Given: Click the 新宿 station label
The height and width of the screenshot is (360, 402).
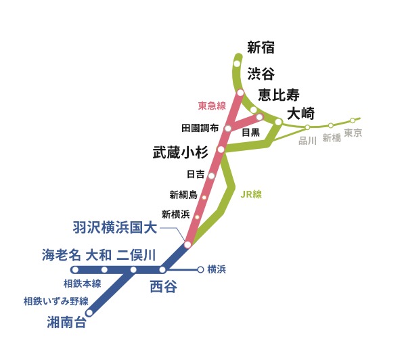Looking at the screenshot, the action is pos(261,47).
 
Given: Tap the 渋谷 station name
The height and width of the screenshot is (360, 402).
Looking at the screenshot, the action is pos(261,74).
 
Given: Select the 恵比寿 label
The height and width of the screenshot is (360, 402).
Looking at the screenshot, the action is pos(279,95).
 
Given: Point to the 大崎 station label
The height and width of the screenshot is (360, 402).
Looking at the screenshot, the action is pos(300,114).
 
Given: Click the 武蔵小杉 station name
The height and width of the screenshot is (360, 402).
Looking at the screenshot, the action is pos(181,152).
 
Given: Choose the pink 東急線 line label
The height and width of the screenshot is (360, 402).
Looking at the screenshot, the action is pos(212,106).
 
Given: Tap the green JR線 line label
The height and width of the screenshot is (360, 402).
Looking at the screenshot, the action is pos(251,194).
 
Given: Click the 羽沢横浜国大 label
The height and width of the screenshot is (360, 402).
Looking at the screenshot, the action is pos(114,227).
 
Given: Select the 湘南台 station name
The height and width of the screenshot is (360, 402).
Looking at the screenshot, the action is pos(66,322).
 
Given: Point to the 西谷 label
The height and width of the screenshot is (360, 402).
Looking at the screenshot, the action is pos(163,286).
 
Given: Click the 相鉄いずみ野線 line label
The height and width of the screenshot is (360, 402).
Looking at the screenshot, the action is pos(56,301).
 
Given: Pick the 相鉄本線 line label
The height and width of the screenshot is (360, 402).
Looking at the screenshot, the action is pos(83,284).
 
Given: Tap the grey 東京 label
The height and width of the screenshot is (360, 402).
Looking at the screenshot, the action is pos(353,133).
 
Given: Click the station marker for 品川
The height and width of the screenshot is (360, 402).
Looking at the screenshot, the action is pos(307,127).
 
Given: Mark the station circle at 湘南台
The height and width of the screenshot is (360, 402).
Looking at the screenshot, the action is pos(89,313).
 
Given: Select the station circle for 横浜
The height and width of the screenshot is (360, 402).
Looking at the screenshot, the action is pos(200,270).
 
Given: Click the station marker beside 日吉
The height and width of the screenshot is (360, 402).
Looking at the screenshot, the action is pos(212,176).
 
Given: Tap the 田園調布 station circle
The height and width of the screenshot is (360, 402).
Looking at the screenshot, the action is pos(228,128).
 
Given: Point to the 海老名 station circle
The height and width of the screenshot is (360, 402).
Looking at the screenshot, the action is pos(75,270).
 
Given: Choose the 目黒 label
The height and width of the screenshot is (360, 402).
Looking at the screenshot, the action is pos(251,133).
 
